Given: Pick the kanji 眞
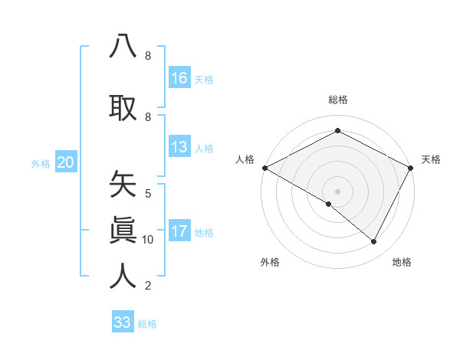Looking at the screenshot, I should point(123,229).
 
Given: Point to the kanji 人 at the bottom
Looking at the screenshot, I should point(123,275).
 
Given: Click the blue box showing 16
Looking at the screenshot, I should point(179,77).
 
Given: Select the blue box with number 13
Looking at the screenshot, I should point(179,147).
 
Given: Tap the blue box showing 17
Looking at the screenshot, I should point(179,231).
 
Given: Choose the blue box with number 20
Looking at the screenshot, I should point(66,162).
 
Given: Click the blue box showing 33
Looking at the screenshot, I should point(123,322).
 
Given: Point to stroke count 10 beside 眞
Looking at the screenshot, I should point(148,240).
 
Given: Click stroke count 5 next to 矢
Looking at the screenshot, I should point(148,194).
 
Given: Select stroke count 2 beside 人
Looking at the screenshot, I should point(148,286).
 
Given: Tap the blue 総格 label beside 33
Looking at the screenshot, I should point(147,324).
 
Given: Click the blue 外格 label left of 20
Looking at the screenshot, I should point(41,163).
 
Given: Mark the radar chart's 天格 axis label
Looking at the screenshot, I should point(431,159).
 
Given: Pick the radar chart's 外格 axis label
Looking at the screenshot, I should point(270,262).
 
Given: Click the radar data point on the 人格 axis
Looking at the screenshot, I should point(264,168).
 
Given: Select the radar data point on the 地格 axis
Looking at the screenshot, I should point(374,241).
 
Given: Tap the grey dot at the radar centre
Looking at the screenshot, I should point(337,191).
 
